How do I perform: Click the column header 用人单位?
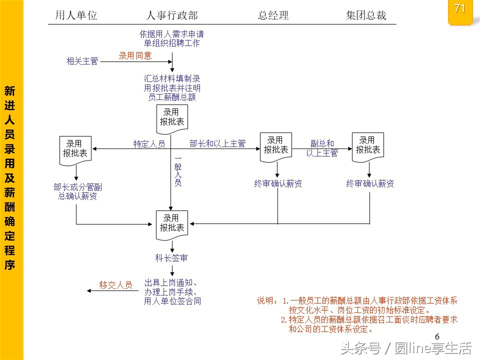(x=76, y=15)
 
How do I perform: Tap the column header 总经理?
(x=273, y=15)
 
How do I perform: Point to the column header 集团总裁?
(x=366, y=15)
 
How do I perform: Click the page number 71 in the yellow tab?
(x=460, y=8)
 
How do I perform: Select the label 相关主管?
(x=82, y=61)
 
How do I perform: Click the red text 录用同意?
(x=135, y=55)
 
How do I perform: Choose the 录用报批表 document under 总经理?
(x=276, y=146)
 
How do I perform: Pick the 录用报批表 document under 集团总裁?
(x=368, y=146)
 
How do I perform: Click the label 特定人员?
(x=149, y=144)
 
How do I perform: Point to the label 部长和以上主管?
(x=217, y=144)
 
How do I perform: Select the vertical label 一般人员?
(x=177, y=170)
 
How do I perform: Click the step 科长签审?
(x=171, y=258)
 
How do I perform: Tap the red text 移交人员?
(x=115, y=285)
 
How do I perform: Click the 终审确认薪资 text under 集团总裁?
(x=370, y=183)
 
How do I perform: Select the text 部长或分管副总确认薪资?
(x=77, y=192)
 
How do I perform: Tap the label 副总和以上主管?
(x=322, y=148)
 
